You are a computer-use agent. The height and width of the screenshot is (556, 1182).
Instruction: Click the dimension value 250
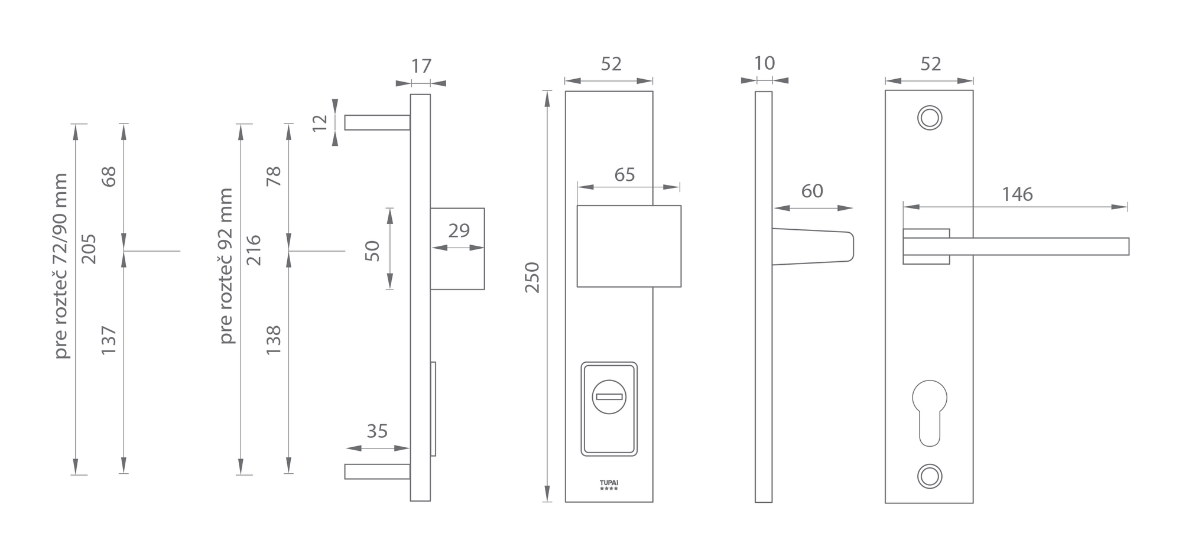pyautogui.click(x=532, y=277)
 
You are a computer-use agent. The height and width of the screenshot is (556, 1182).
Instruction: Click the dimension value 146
pyautogui.click(x=1017, y=194)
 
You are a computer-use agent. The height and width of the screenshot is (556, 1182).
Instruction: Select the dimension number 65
pyautogui.click(x=625, y=175)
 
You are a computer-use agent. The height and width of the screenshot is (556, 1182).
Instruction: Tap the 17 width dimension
pyautogui.click(x=421, y=66)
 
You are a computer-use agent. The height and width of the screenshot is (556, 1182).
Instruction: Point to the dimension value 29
pyautogui.click(x=459, y=230)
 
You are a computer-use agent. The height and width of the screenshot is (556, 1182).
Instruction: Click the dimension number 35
pyautogui.click(x=377, y=431)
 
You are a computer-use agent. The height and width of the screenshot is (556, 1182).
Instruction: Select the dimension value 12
pyautogui.click(x=320, y=122)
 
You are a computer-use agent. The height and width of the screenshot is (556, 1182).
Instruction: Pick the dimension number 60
pyautogui.click(x=812, y=191)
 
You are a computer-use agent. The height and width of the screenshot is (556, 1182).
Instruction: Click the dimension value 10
pyautogui.click(x=764, y=63)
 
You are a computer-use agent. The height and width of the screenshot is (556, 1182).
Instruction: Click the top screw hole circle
pyautogui.click(x=930, y=118)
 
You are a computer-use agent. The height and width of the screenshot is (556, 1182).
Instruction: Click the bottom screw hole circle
pyautogui.click(x=930, y=476)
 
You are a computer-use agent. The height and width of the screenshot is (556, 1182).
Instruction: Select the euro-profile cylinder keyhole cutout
pyautogui.click(x=930, y=412)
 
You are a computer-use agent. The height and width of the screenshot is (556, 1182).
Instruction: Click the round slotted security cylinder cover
pyautogui.click(x=609, y=396)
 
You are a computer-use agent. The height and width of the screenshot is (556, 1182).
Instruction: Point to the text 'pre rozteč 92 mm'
pyautogui.click(x=226, y=266)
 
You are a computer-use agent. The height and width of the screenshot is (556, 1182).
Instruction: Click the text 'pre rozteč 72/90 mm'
pyautogui.click(x=61, y=266)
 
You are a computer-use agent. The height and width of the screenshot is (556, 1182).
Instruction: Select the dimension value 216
pyautogui.click(x=254, y=249)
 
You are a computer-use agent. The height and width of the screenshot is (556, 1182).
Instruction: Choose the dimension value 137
pyautogui.click(x=109, y=340)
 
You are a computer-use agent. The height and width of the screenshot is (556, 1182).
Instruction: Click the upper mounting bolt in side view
pyautogui.click(x=377, y=122)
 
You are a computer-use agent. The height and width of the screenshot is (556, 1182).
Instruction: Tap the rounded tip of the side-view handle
pyautogui.click(x=850, y=246)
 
